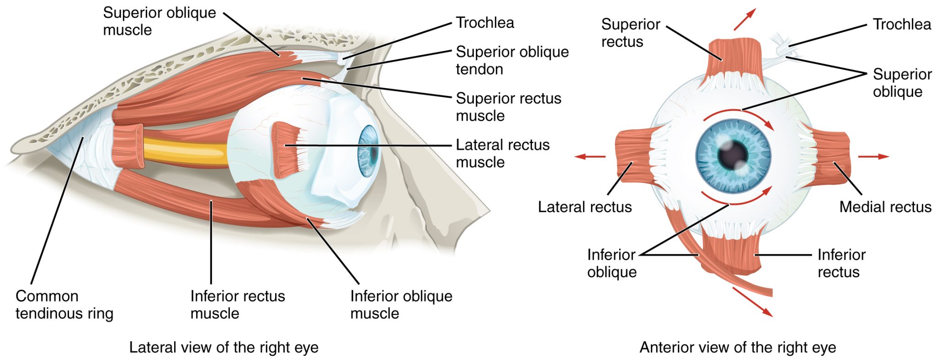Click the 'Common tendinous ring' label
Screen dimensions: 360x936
click(64, 305)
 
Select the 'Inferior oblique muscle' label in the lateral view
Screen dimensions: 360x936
click(401, 305)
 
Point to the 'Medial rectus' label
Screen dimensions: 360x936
click(885, 207)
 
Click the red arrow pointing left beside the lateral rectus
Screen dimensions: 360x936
click(590, 157)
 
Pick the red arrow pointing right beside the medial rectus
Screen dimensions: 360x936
click(873, 157)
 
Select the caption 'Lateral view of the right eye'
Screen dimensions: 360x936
click(223, 347)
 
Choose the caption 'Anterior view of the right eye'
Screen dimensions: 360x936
click(737, 347)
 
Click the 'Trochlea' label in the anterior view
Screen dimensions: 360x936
click(901, 24)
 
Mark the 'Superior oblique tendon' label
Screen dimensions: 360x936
click(512, 60)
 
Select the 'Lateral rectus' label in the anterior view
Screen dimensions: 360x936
click(585, 207)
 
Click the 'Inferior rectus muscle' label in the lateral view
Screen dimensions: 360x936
click(237, 305)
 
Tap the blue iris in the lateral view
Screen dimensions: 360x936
click(368, 151)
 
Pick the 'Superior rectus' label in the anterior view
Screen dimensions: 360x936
click(630, 33)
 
